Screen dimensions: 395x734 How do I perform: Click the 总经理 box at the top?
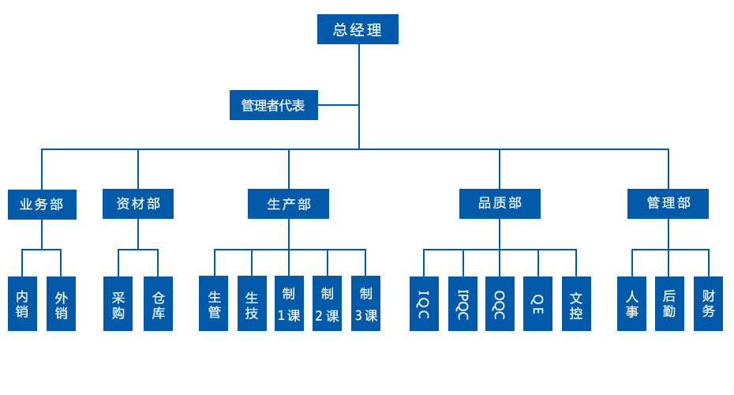[358, 30]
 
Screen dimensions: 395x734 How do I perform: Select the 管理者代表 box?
[273, 105]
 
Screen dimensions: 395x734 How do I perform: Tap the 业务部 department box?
[42, 204]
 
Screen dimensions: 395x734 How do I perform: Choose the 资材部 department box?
[138, 204]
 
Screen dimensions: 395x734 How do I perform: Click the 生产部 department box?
[288, 204]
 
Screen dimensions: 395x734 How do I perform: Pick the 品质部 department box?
[500, 204]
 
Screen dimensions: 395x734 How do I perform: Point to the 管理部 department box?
[668, 204]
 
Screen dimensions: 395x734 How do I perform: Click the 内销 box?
[22, 303]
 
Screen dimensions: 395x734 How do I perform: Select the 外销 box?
[61, 303]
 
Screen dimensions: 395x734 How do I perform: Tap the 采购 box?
[118, 303]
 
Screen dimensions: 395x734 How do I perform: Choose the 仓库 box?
[158, 303]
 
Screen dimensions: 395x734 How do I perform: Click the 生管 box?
[214, 303]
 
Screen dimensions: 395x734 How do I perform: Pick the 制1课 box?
[289, 303]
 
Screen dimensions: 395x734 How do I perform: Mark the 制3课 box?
[365, 303]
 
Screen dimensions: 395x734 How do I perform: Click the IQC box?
[424, 303]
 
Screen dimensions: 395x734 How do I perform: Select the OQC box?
[500, 303]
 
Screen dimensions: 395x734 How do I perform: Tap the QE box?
[537, 303]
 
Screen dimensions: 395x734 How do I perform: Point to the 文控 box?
[576, 303]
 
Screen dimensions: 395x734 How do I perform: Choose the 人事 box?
[631, 303]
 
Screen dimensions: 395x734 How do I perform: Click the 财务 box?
[708, 303]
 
